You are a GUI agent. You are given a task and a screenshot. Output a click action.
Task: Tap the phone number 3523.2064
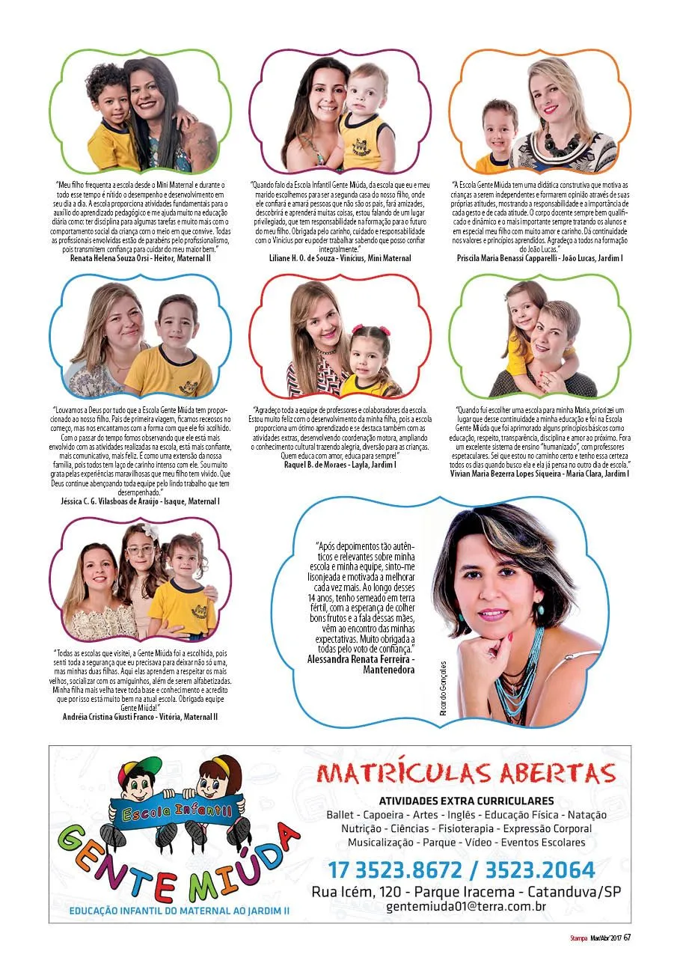[x=540, y=870]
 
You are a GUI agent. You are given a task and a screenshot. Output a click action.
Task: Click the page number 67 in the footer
[x=628, y=938]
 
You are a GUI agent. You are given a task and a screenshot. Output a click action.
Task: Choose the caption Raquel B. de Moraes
[x=313, y=465]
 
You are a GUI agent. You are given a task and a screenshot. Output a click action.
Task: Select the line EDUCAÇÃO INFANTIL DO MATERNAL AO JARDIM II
[x=179, y=911]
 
